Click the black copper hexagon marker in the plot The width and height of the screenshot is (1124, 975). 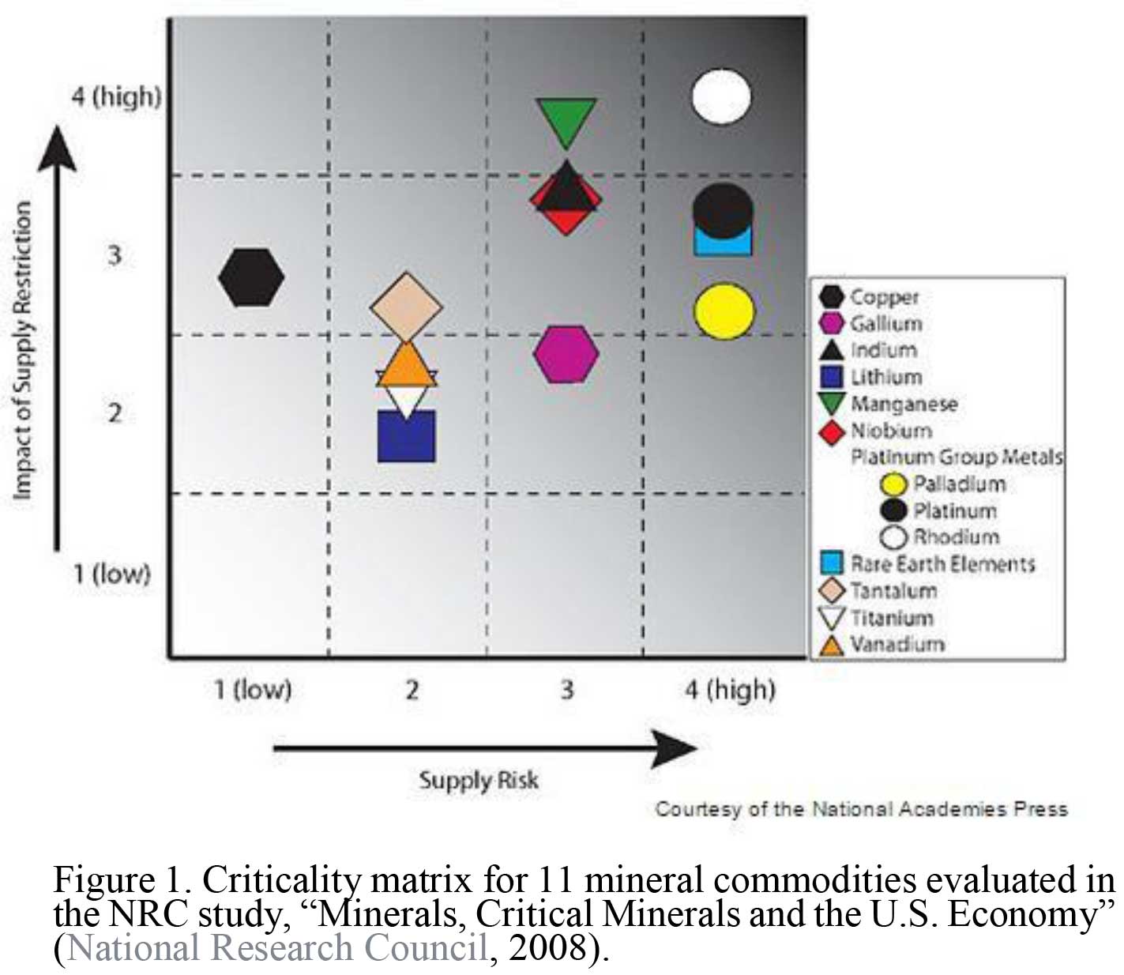click(x=251, y=277)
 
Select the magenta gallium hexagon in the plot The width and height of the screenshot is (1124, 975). click(x=566, y=354)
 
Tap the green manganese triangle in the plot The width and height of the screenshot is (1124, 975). click(x=566, y=119)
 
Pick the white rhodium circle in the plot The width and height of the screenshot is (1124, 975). click(x=721, y=96)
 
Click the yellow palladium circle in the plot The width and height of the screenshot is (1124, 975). click(x=724, y=311)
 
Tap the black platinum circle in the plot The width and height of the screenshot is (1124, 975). click(x=723, y=210)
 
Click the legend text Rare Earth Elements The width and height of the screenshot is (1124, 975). click(x=942, y=563)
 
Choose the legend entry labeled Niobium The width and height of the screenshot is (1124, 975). click(x=891, y=431)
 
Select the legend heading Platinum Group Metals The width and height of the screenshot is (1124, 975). click(x=957, y=457)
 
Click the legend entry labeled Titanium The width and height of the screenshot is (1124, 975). click(x=892, y=617)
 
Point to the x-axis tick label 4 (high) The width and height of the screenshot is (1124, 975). click(x=730, y=690)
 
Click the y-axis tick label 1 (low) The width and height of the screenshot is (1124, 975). click(x=111, y=573)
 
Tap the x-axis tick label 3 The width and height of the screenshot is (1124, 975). click(x=567, y=690)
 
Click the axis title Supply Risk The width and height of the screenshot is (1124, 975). click(x=479, y=781)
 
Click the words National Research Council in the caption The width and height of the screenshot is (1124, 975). click(x=278, y=948)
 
